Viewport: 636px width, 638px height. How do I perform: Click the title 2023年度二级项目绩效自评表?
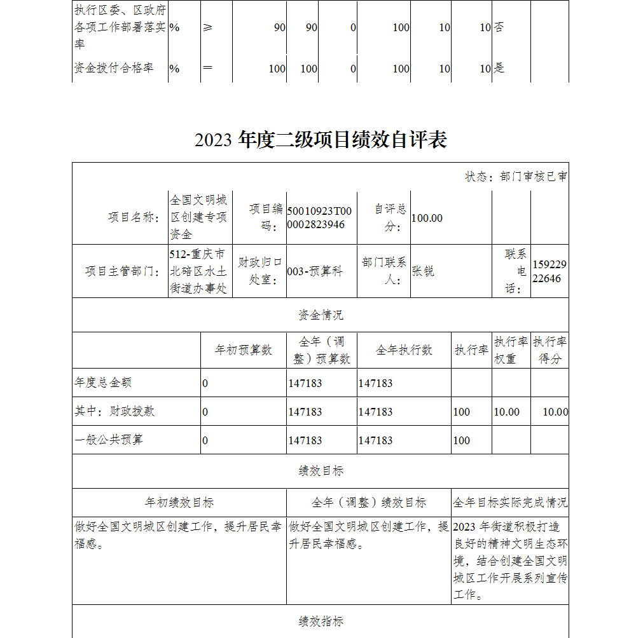[x=321, y=140]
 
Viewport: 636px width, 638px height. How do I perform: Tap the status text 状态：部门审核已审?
[x=516, y=177]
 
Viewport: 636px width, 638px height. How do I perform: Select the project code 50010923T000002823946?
[x=319, y=218]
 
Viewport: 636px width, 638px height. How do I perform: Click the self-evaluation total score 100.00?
[x=427, y=218]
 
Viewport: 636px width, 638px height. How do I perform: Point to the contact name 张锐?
[x=423, y=271]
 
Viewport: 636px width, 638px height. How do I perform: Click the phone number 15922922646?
[x=550, y=271]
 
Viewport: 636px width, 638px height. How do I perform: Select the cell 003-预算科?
[x=315, y=271]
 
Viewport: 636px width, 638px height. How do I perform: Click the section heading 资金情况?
[x=321, y=315]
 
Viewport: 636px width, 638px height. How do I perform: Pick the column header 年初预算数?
[x=244, y=350]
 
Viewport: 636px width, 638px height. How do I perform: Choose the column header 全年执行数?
[x=404, y=350]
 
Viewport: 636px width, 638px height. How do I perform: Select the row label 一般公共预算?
[x=109, y=440]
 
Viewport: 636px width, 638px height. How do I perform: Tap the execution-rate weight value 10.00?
[x=506, y=412]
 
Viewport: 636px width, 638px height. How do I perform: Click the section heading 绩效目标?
[x=321, y=471]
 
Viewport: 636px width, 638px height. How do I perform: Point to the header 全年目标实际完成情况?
[x=510, y=503]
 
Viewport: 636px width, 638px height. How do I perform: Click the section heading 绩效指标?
[x=321, y=621]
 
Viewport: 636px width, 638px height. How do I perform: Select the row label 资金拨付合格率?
[x=114, y=68]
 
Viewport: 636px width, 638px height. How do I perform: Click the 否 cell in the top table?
[x=499, y=28]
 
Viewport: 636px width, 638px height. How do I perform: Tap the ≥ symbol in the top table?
[x=207, y=28]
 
